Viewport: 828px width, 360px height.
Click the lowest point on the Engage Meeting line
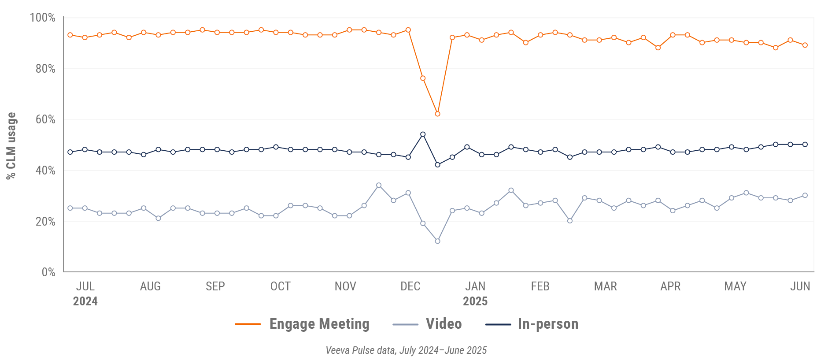[x=437, y=114]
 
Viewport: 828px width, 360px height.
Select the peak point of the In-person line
[x=423, y=134]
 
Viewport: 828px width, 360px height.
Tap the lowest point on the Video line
[x=437, y=241]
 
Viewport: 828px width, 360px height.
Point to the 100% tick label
[x=42, y=18]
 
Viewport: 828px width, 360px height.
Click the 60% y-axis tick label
[x=45, y=119]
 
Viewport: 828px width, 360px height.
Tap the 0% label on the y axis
[x=48, y=272]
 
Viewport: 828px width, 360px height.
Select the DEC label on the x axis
[x=410, y=286]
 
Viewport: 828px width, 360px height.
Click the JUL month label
[x=85, y=286]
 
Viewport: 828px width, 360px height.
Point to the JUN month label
[x=800, y=286]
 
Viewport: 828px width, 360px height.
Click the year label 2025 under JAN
[x=475, y=301]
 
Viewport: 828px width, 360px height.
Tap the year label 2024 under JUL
[x=85, y=301]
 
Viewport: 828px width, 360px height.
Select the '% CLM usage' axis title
[x=11, y=146]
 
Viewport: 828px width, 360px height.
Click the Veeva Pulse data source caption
[x=406, y=350]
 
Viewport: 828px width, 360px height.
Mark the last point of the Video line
[x=805, y=195]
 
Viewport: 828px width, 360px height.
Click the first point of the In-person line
[x=70, y=152]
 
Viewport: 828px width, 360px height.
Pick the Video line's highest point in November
[x=379, y=186]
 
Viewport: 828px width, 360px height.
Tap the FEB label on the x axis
[x=540, y=286]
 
